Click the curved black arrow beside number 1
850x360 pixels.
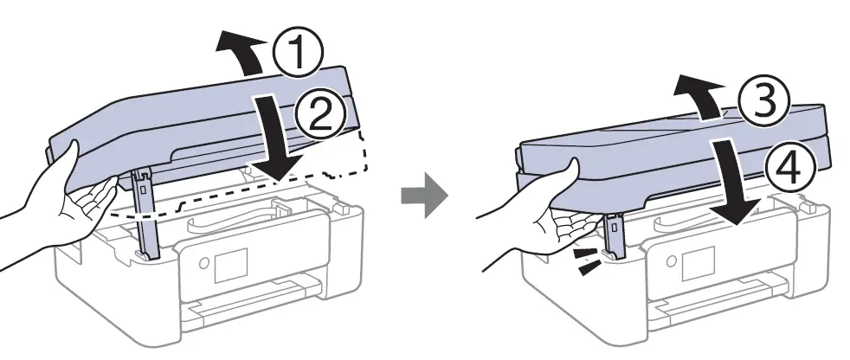[x=244, y=48]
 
